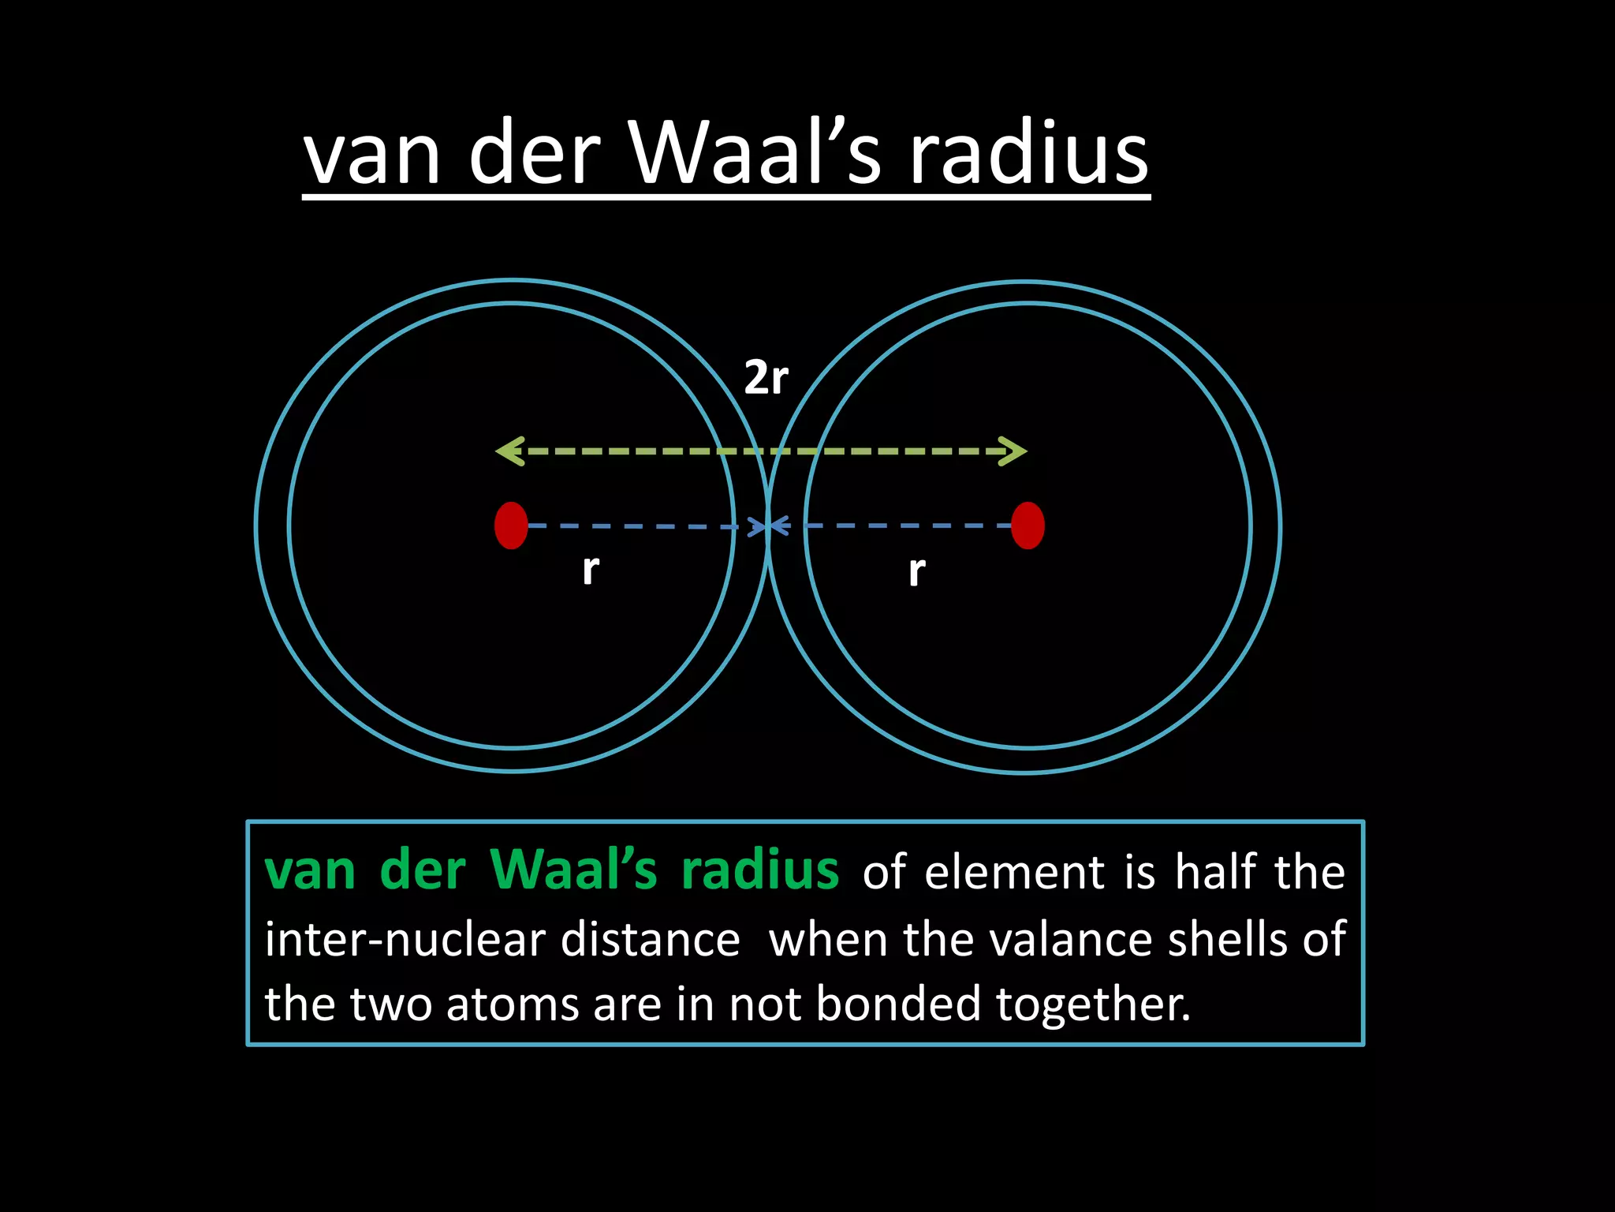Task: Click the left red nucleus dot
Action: pyautogui.click(x=511, y=526)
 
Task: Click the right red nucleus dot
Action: pyautogui.click(x=1028, y=526)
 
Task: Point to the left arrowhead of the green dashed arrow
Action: pyautogui.click(x=508, y=451)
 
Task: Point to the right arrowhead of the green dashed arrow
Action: pyautogui.click(x=1014, y=451)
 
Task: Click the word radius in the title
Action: pyautogui.click(x=1029, y=153)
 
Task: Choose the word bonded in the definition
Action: pyautogui.click(x=898, y=1004)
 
